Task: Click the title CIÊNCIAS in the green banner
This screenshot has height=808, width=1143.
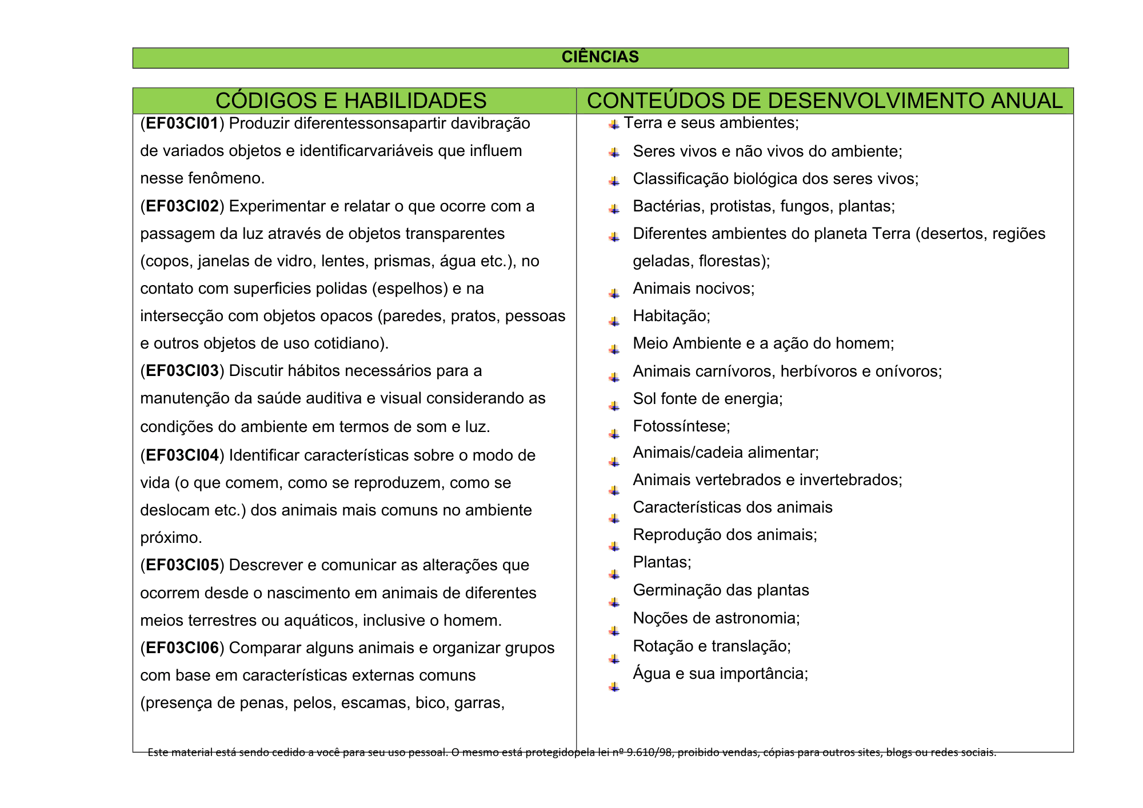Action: pyautogui.click(x=600, y=57)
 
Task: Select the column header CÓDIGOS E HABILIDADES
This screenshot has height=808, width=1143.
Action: pyautogui.click(x=351, y=101)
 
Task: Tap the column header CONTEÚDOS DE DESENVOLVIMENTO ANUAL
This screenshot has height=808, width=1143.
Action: pyautogui.click(x=824, y=101)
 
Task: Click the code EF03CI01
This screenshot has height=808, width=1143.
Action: pyautogui.click(x=182, y=123)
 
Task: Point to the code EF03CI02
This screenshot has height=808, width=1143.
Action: pyautogui.click(x=182, y=206)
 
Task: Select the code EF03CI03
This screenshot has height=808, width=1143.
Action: pyautogui.click(x=182, y=371)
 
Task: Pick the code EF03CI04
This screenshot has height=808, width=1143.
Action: pyautogui.click(x=182, y=455)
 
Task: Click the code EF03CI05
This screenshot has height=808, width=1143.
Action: pyautogui.click(x=182, y=565)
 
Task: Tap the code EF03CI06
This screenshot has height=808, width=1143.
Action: pyautogui.click(x=182, y=648)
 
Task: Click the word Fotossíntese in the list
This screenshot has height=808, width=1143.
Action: pyautogui.click(x=681, y=426)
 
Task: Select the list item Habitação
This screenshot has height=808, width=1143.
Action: pyautogui.click(x=672, y=316)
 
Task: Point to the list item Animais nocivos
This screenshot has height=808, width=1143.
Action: pyautogui.click(x=693, y=289)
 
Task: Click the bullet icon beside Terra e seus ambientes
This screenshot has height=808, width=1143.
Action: pyautogui.click(x=614, y=125)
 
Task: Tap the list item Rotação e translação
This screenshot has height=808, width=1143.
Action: pyautogui.click(x=712, y=646)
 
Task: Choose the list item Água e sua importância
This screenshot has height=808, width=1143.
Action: pyautogui.click(x=720, y=674)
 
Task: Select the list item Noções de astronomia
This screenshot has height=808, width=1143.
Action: pyautogui.click(x=716, y=618)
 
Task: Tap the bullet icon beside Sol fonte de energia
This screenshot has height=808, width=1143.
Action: pyautogui.click(x=614, y=406)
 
